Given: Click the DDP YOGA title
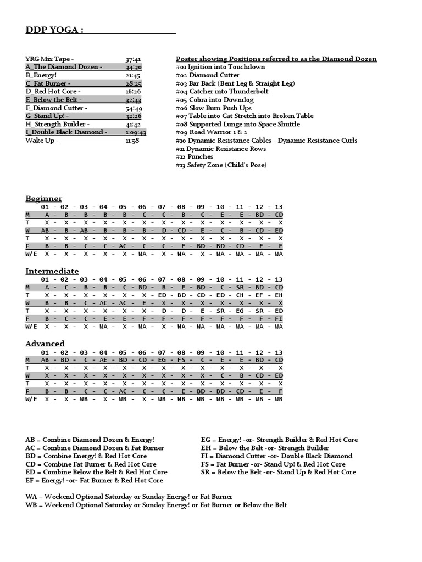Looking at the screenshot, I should point(54,30).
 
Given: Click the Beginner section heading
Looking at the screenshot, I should point(43,198).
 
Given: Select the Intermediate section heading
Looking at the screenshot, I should point(52,271).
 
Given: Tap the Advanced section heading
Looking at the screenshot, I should point(45,344).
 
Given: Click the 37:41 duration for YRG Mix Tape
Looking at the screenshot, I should point(134,59).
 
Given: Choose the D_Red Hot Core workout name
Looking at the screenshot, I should point(53,92).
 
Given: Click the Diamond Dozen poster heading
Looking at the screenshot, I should point(276,59).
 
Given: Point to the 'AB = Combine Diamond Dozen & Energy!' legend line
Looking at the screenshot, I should point(90,440).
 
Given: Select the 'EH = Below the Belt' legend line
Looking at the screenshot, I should point(265,448).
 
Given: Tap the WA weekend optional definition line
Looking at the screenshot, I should point(129,496).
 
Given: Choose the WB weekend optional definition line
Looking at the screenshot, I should point(156,504).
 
